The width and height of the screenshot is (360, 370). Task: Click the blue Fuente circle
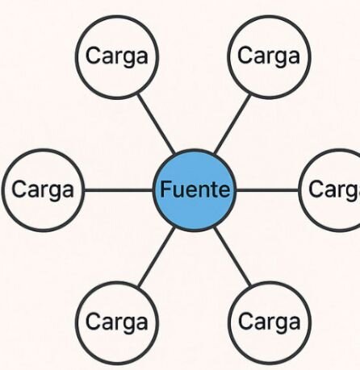(195, 190)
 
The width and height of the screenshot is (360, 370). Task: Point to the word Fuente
(195, 189)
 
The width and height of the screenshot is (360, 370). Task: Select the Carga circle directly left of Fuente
(43, 190)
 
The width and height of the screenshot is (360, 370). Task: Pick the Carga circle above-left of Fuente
(117, 57)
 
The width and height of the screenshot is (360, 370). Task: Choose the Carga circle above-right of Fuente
(269, 57)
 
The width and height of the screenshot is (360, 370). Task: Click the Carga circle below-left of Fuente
(117, 323)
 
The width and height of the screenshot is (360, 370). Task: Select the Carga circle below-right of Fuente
(270, 323)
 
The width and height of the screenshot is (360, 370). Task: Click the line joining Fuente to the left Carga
(119, 190)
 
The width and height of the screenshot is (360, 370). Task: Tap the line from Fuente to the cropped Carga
(267, 190)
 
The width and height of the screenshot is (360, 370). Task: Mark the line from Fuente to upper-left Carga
(156, 123)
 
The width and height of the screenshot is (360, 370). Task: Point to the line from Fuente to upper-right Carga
(232, 124)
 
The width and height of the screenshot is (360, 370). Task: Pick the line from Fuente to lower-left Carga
(156, 257)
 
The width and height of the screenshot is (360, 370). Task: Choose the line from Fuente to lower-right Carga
(232, 257)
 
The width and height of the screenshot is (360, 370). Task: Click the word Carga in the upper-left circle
(117, 56)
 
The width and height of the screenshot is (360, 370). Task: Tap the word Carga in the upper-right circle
(269, 56)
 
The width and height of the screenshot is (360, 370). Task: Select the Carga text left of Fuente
(43, 189)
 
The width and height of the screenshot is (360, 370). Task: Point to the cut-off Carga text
(334, 189)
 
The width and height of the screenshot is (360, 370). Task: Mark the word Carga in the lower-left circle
(117, 322)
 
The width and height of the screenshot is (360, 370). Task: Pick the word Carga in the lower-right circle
(269, 322)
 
